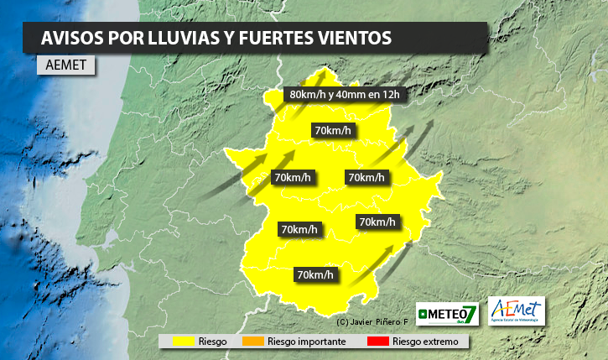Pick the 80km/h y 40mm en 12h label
click(x=345, y=94)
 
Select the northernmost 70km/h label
click(x=332, y=130)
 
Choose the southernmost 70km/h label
click(x=315, y=274)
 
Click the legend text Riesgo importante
click(x=305, y=342)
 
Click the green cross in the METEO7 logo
click(x=424, y=314)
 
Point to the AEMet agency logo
click(x=516, y=310)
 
